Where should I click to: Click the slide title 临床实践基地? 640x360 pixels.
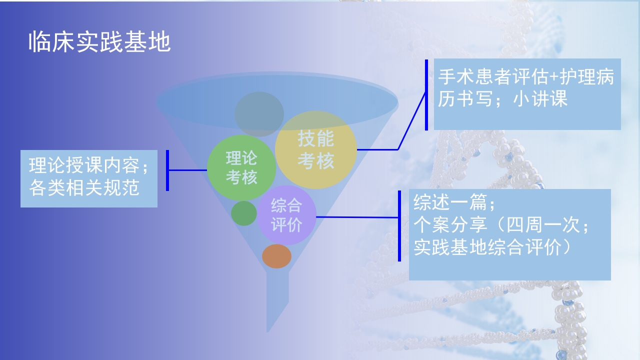[x=99, y=43]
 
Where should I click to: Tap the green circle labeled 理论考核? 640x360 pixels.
[x=241, y=167]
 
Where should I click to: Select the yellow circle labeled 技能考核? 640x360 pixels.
[x=315, y=149]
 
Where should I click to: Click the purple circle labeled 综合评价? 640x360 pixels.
[x=286, y=215]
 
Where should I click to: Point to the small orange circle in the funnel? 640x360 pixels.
[x=276, y=256]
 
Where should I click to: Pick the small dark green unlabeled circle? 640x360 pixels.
[x=243, y=213]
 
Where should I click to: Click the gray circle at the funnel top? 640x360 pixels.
[x=259, y=113]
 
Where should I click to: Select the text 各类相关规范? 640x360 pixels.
[x=84, y=188]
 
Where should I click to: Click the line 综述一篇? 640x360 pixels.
[x=448, y=203]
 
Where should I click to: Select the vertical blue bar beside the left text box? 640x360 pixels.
[x=167, y=170]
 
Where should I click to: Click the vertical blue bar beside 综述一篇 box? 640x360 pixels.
[x=399, y=225]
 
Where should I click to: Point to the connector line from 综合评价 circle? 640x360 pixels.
[x=357, y=217]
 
